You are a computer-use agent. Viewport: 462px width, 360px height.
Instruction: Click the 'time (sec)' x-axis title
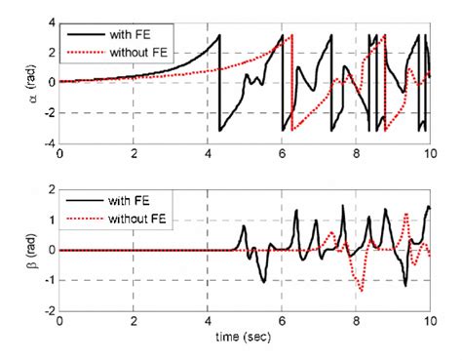tap(245, 338)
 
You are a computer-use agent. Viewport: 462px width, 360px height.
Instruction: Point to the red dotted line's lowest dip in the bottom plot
tap(361, 291)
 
